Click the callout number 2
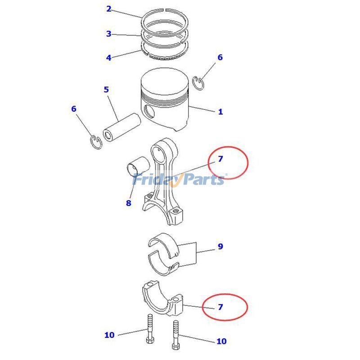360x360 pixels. click(x=108, y=9)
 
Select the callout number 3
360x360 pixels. click(x=108, y=34)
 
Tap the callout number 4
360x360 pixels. click(x=108, y=58)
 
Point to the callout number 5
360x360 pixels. click(x=106, y=90)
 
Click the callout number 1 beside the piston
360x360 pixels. click(x=220, y=112)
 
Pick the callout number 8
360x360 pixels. click(x=128, y=203)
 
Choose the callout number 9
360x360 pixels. click(x=220, y=247)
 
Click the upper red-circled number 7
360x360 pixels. click(x=220, y=159)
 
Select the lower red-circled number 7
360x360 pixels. click(x=220, y=307)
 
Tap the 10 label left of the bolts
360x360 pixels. click(x=109, y=335)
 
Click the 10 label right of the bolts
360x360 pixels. click(x=221, y=341)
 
